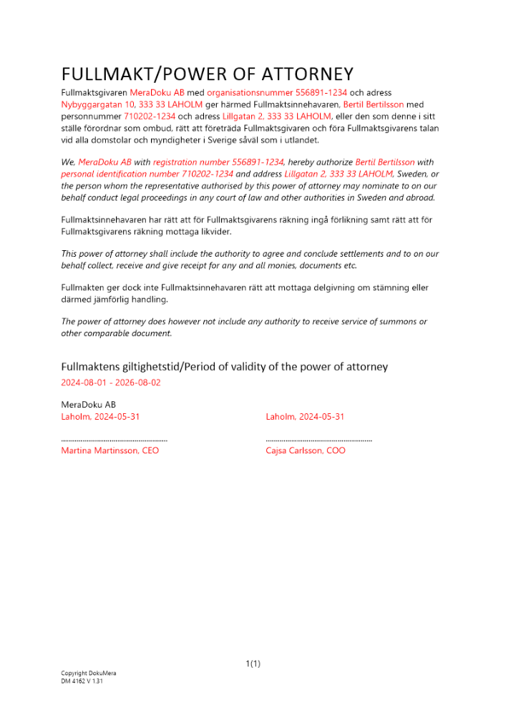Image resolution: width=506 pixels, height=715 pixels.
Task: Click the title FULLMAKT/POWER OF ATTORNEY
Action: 207,74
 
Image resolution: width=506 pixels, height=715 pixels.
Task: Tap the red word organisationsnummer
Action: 250,93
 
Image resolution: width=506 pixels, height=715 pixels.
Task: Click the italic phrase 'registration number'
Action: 188,162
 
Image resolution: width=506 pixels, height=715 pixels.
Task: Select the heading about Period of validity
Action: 224,367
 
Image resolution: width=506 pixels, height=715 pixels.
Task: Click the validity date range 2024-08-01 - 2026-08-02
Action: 111,383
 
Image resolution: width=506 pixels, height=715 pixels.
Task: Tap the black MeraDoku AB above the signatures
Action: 89,405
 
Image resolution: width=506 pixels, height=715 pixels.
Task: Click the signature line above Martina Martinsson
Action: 115,440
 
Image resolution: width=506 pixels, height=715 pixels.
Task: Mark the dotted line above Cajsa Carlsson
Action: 318,440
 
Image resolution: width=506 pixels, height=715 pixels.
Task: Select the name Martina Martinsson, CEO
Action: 110,451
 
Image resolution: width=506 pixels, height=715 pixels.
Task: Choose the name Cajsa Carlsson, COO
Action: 306,451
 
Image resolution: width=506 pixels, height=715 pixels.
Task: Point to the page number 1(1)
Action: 253,664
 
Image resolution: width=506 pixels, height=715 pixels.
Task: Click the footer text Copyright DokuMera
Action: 89,674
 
